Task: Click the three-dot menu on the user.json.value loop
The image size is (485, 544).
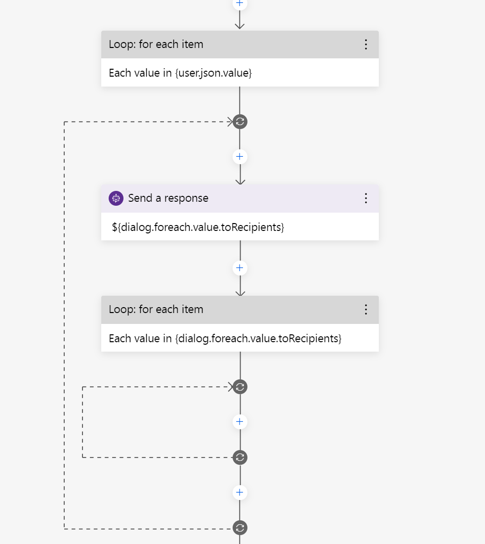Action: click(366, 45)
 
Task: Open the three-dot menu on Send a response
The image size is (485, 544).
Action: click(366, 198)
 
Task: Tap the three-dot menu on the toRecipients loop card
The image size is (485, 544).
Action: click(366, 310)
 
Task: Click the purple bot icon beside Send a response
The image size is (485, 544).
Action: click(116, 198)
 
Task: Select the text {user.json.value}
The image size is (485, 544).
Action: click(213, 73)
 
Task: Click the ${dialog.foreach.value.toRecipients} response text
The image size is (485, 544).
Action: click(198, 227)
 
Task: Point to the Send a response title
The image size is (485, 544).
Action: click(168, 198)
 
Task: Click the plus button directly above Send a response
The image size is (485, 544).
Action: click(240, 157)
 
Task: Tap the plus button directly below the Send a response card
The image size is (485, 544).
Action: click(240, 268)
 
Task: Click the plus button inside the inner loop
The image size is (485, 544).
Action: click(240, 422)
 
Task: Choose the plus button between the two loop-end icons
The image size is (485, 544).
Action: click(240, 493)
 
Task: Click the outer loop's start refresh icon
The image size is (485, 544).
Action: click(240, 122)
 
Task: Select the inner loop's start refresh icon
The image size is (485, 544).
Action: click(240, 387)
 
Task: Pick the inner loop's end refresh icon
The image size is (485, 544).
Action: click(240, 457)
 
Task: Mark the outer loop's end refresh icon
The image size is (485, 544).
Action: click(240, 528)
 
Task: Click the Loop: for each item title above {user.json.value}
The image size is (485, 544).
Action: click(156, 45)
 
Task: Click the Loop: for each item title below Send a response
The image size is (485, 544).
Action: click(156, 310)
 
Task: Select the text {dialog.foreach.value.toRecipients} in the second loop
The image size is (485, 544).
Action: click(258, 339)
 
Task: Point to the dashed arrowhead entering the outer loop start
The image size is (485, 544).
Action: click(230, 122)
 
